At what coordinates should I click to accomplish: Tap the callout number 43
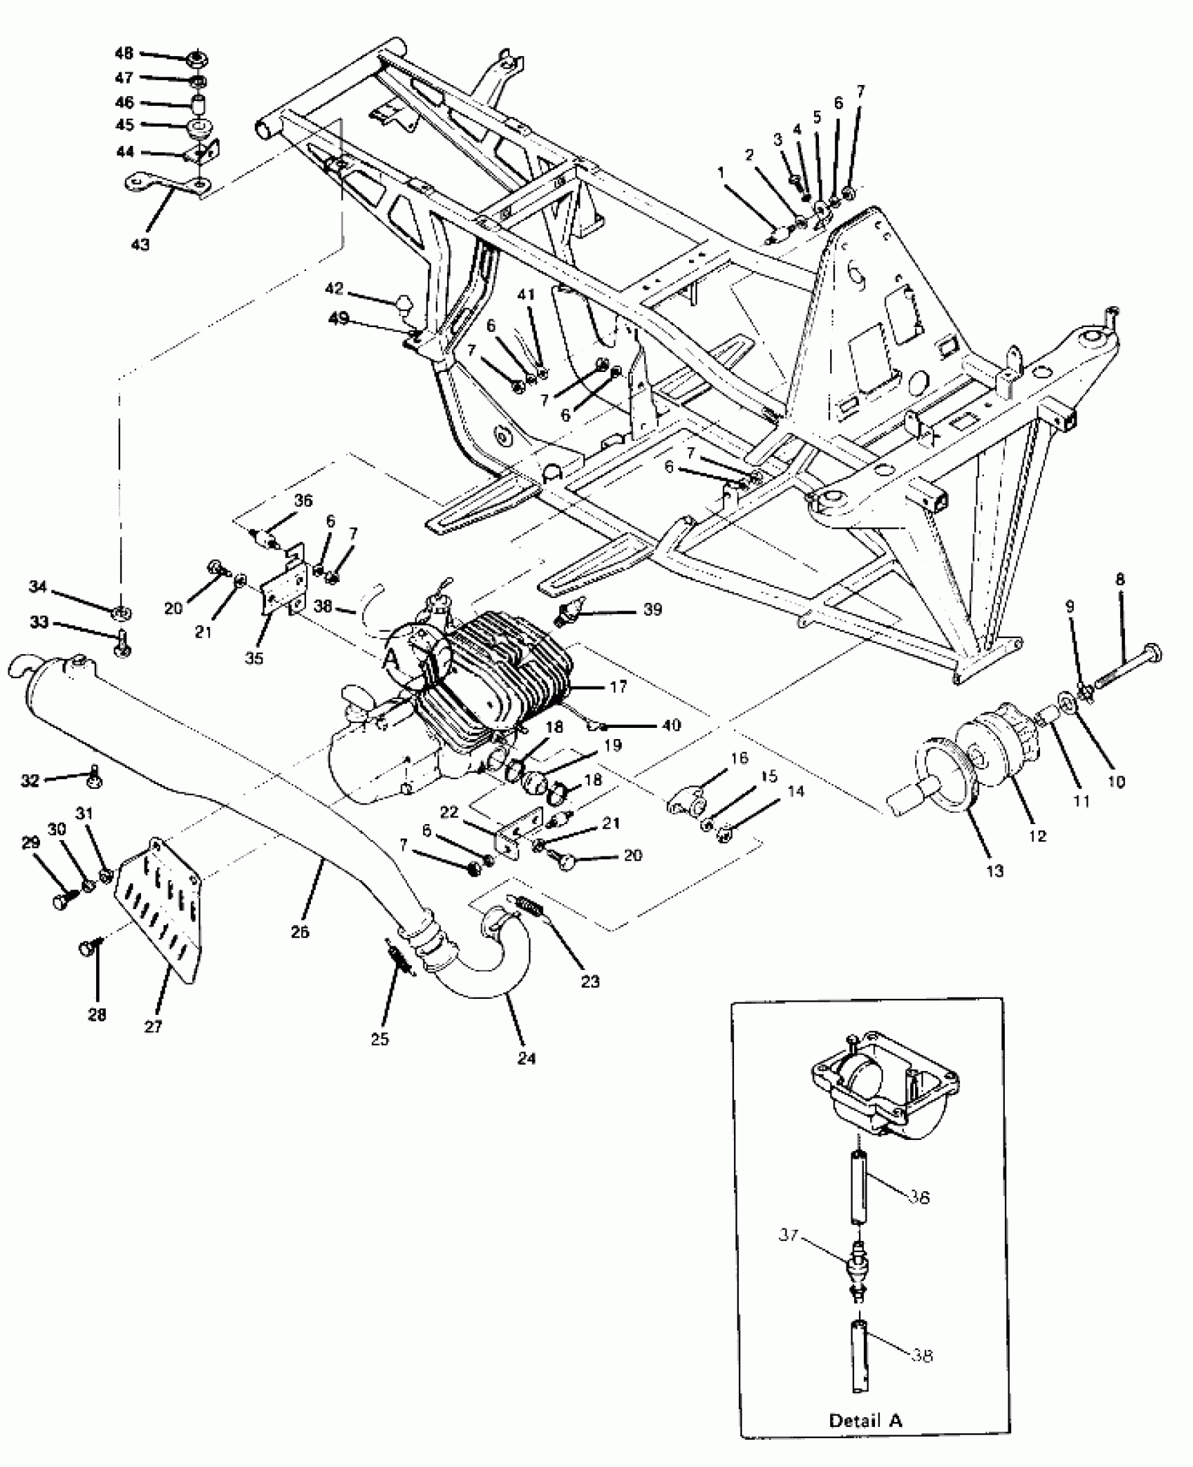(140, 244)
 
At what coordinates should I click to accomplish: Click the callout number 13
(995, 871)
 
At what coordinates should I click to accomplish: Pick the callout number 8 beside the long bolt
(1120, 580)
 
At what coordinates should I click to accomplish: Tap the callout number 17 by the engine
(618, 687)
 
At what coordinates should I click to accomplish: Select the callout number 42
(335, 288)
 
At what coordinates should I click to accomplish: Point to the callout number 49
(339, 319)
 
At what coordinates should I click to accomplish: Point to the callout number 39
(652, 609)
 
